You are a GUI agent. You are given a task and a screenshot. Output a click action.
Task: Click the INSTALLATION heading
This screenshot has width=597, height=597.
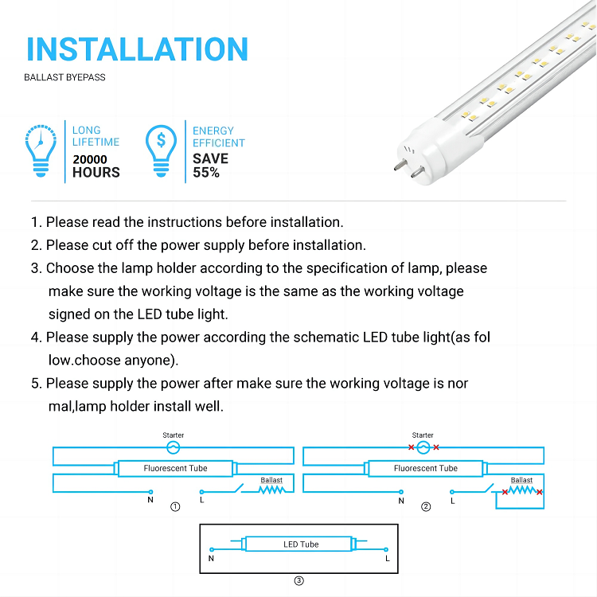(137, 49)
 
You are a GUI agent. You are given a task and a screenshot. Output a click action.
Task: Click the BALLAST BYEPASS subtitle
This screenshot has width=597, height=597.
(64, 77)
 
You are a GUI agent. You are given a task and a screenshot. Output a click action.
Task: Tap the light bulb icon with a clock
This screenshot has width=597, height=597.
(41, 150)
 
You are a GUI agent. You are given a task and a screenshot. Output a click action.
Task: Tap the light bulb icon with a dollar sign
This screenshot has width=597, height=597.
(161, 150)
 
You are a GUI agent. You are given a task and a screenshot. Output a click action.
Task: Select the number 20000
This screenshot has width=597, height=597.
(90, 159)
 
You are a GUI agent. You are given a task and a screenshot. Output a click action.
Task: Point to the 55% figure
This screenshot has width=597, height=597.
(206, 173)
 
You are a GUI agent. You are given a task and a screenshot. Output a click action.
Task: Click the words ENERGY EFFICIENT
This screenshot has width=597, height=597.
(219, 137)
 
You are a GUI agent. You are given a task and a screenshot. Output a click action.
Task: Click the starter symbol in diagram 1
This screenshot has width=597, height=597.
(174, 447)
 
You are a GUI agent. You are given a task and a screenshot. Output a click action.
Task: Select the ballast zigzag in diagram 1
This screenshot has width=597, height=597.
(271, 490)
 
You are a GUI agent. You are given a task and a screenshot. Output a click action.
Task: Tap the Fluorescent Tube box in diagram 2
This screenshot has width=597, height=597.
(426, 468)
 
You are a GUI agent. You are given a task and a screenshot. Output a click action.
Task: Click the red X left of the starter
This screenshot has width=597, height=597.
(412, 447)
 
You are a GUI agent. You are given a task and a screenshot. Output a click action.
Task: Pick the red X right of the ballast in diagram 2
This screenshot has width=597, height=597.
(540, 492)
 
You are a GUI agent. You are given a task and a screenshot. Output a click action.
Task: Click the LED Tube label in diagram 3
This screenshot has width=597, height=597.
(301, 544)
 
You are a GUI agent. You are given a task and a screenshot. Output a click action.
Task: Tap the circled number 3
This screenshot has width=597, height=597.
(298, 580)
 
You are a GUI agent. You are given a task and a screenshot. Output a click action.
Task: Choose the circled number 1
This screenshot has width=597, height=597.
(175, 507)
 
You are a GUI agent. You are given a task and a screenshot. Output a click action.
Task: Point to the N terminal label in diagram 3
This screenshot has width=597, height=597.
(211, 559)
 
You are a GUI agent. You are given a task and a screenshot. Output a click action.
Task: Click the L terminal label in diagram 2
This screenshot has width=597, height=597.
(453, 501)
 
